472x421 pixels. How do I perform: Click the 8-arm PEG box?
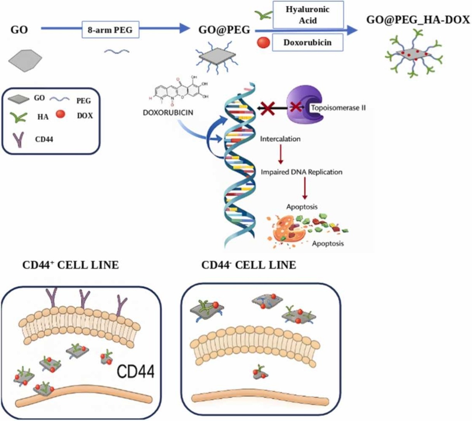click(x=110, y=30)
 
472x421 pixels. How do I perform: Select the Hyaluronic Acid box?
click(x=308, y=15)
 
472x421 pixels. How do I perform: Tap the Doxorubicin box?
click(x=307, y=42)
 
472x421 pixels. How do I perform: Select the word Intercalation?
click(x=280, y=139)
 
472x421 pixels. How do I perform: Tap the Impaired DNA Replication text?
click(x=302, y=172)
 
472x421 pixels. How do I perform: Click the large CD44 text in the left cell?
click(x=135, y=371)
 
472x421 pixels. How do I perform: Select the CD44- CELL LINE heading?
click(x=248, y=265)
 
